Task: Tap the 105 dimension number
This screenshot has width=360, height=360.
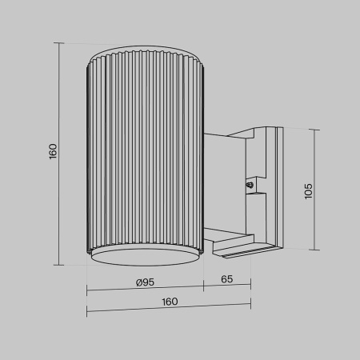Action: pyautogui.click(x=308, y=190)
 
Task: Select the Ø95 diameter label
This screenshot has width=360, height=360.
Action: pyautogui.click(x=145, y=281)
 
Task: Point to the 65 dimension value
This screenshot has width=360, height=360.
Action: pyautogui.click(x=226, y=281)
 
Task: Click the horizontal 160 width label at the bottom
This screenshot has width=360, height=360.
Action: pyautogui.click(x=169, y=302)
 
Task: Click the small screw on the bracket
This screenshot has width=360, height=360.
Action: pyautogui.click(x=250, y=186)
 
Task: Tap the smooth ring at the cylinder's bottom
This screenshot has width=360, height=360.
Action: pyautogui.click(x=144, y=255)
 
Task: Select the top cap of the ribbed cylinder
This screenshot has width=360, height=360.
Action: pyautogui.click(x=144, y=58)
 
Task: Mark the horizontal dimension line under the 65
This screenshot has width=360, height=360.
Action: pyautogui.click(x=226, y=289)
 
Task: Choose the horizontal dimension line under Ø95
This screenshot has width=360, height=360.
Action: pyautogui.click(x=145, y=289)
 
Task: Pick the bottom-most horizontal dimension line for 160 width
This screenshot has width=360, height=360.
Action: pyautogui.click(x=169, y=310)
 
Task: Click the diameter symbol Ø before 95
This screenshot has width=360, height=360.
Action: pyautogui.click(x=139, y=281)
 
